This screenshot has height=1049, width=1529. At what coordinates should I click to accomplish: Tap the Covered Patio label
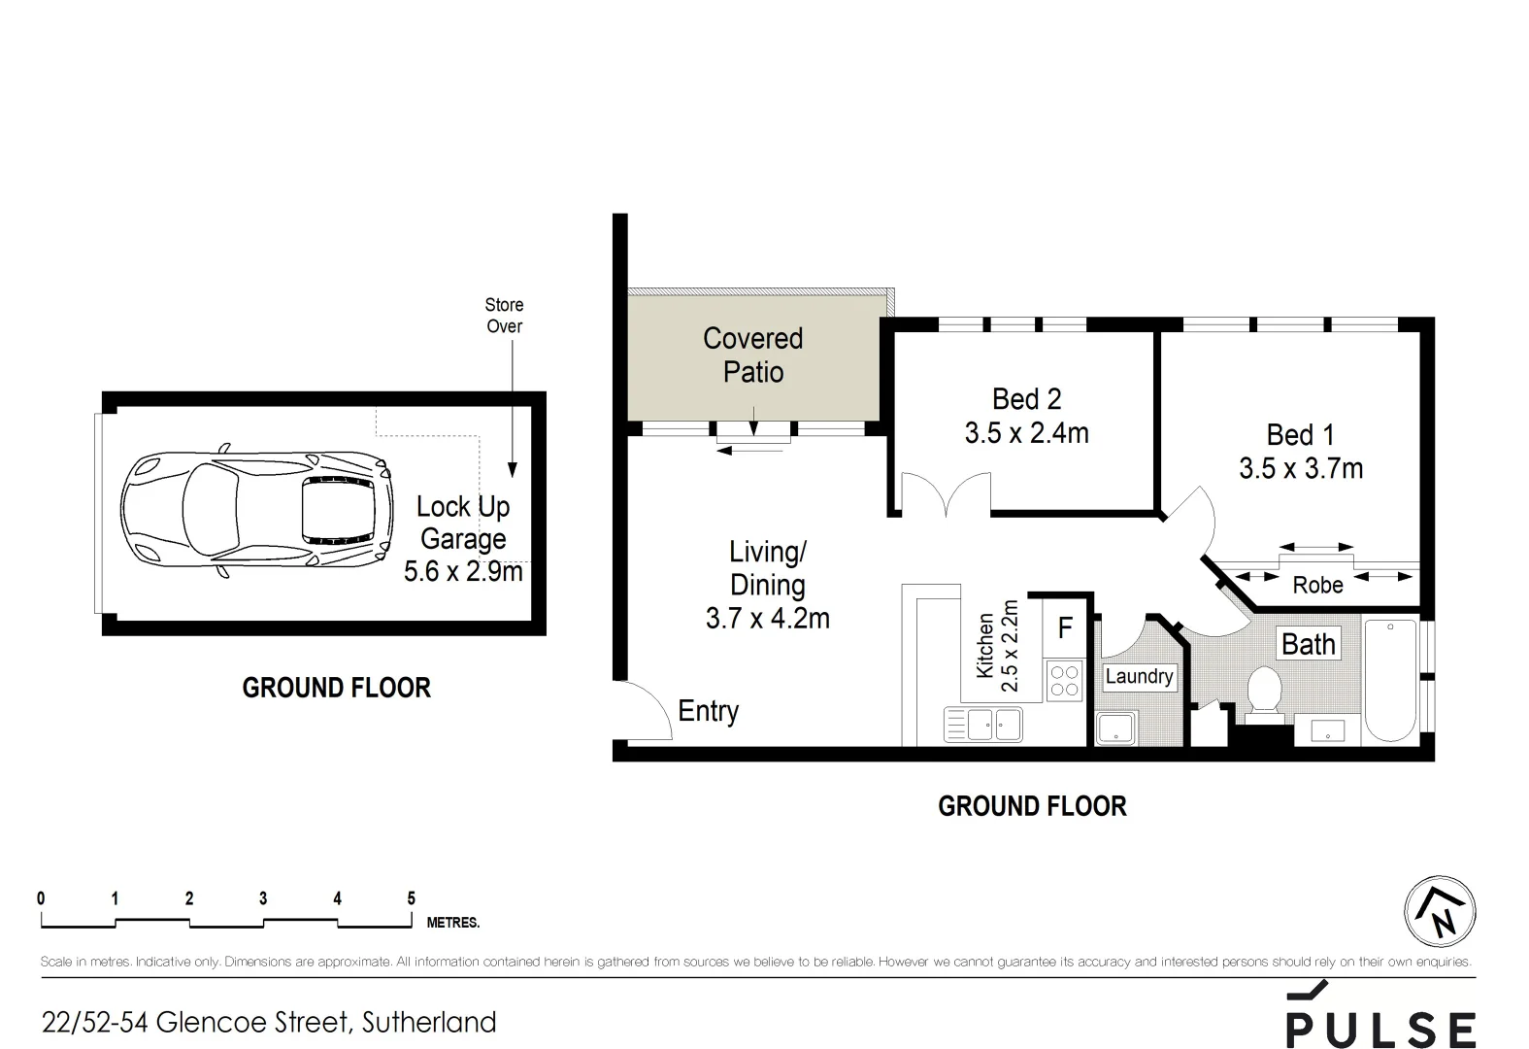point(753,355)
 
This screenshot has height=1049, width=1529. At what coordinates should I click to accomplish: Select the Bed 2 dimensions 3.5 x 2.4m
point(1026,433)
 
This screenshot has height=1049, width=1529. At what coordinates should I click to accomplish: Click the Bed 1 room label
point(1300,434)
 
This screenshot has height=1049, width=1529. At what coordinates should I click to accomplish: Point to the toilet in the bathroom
point(1263,694)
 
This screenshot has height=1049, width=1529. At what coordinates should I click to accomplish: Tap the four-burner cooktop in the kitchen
point(1064,679)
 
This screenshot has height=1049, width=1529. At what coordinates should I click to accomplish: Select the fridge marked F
point(1065,627)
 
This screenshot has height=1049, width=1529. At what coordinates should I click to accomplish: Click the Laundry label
point(1139,677)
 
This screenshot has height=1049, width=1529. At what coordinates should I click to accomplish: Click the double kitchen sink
point(982,725)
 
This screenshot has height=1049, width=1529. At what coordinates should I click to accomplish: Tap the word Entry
point(708,711)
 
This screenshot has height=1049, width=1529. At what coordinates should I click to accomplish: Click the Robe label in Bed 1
point(1317,585)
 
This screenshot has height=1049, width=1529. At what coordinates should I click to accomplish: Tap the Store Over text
point(504,316)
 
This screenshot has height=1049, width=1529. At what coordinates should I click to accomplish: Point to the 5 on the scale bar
point(411,898)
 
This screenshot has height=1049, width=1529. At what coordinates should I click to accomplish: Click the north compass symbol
point(1440,912)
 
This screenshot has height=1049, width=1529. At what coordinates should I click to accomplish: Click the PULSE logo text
point(1380,1029)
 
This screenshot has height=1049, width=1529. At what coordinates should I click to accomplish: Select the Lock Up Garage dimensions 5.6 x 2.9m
point(463,571)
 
